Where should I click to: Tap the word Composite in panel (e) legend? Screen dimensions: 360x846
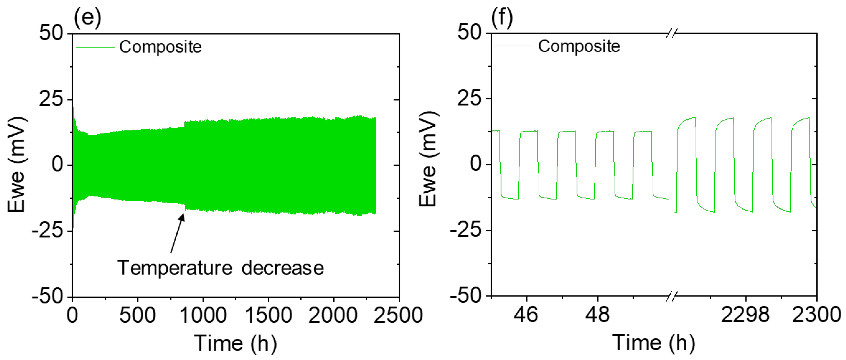160,47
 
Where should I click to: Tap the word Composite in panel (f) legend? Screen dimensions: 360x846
579,46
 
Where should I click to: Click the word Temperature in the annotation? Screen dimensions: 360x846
175,268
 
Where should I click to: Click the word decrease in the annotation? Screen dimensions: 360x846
282,268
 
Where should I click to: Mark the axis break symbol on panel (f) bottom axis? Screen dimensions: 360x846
671,296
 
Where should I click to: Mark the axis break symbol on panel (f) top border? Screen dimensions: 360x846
671,33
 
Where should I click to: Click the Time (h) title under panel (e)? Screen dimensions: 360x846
235,343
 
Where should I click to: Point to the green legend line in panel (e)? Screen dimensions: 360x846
95,47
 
